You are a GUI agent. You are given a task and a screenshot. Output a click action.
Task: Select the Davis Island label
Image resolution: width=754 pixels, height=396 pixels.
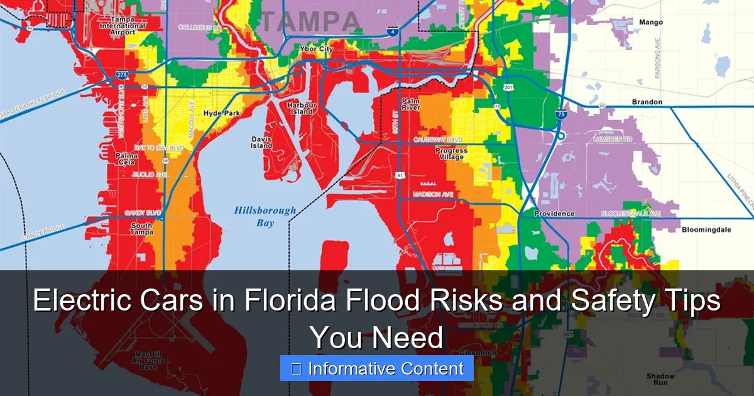coord(262,142)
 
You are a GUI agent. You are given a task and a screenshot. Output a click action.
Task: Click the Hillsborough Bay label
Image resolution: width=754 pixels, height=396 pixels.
coord(265,216)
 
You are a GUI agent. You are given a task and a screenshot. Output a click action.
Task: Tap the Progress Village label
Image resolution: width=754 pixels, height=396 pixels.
coord(451,154)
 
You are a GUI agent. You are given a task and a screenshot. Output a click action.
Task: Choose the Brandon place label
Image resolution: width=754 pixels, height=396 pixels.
coord(647,102)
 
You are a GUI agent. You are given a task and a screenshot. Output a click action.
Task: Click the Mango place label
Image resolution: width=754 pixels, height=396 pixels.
coord(650,23)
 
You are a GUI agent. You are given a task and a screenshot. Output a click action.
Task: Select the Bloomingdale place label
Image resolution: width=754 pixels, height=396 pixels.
coord(706,230)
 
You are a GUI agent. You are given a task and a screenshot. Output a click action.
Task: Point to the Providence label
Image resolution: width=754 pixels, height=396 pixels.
coord(554,214)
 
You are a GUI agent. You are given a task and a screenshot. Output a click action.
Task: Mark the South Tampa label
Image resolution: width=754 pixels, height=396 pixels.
coord(141,229)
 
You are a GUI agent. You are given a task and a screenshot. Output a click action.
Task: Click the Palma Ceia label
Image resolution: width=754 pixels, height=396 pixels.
coord(126,159)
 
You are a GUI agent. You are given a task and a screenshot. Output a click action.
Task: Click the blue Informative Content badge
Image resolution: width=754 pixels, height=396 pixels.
coord(377,368)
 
